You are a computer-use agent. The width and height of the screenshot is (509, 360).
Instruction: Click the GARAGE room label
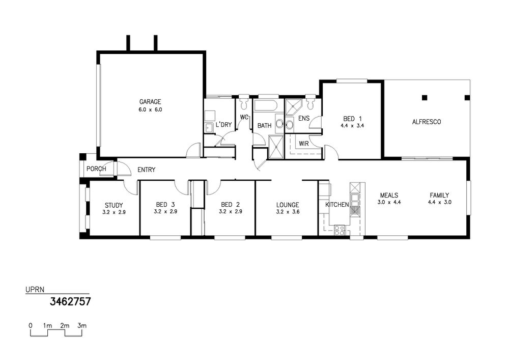click(x=150, y=102)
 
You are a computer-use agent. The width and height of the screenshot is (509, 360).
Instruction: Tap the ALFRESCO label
click(x=426, y=122)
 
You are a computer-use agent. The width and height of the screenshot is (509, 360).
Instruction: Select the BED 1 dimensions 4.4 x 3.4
click(x=352, y=126)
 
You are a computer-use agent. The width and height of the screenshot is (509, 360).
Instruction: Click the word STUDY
click(x=114, y=206)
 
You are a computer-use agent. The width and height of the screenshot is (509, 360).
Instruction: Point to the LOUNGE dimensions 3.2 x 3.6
click(x=287, y=212)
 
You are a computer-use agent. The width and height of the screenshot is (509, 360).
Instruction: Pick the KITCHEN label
click(x=337, y=205)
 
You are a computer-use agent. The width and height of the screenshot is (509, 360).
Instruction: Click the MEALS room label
click(x=389, y=196)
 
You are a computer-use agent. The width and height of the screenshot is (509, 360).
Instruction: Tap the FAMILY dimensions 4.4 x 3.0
click(x=440, y=202)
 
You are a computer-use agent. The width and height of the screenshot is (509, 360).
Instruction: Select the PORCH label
click(x=96, y=169)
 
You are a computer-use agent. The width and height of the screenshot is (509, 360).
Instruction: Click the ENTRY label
click(x=147, y=170)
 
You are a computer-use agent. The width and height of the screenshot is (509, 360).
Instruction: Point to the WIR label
click(x=303, y=144)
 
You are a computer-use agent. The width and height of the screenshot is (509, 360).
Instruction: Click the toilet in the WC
click(x=243, y=102)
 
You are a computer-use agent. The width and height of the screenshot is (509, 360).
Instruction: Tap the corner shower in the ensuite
click(x=294, y=107)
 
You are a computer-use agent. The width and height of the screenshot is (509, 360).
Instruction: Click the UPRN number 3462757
click(x=70, y=301)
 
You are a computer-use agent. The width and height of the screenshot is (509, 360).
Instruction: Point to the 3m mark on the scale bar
click(x=82, y=325)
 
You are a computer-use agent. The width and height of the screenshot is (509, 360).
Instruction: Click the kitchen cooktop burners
click(x=339, y=230)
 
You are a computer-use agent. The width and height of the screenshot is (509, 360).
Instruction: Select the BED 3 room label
click(x=165, y=205)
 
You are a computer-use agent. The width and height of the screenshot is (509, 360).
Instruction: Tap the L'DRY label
click(x=223, y=125)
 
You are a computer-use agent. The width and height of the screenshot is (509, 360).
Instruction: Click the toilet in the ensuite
click(x=310, y=102)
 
